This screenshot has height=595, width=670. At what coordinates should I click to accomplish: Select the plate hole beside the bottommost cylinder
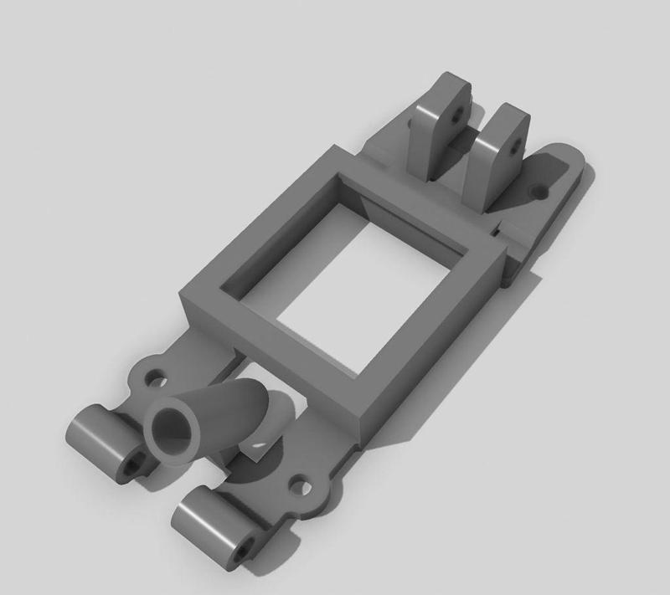tap(299, 486)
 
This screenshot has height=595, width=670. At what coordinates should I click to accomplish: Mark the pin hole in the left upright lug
tap(457, 115)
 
